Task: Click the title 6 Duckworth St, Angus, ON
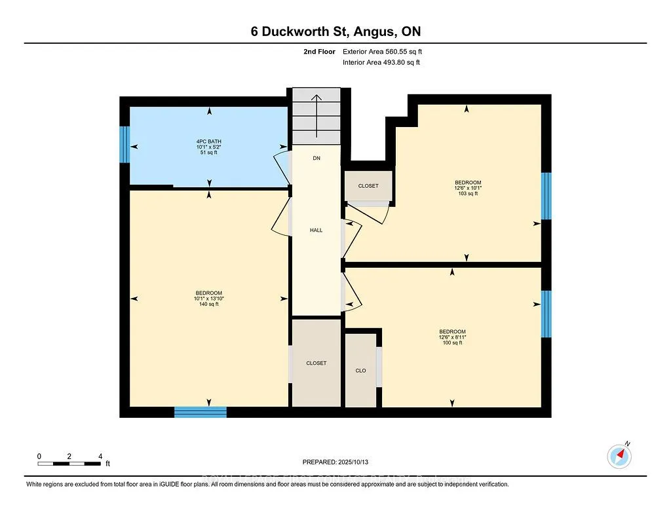tap(335, 32)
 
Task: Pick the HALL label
tap(316, 230)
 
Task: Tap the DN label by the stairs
tap(316, 158)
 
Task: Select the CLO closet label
tap(360, 371)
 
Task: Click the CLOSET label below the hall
tap(316, 363)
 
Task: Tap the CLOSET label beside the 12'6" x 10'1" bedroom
tap(368, 186)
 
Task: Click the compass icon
tap(619, 456)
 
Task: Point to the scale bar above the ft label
tap(69, 464)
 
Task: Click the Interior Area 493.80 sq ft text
tap(381, 62)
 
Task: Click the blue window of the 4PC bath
tap(124, 143)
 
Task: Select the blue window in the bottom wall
tap(201, 412)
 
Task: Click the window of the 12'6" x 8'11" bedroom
tap(546, 314)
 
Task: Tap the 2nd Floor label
tap(321, 51)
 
